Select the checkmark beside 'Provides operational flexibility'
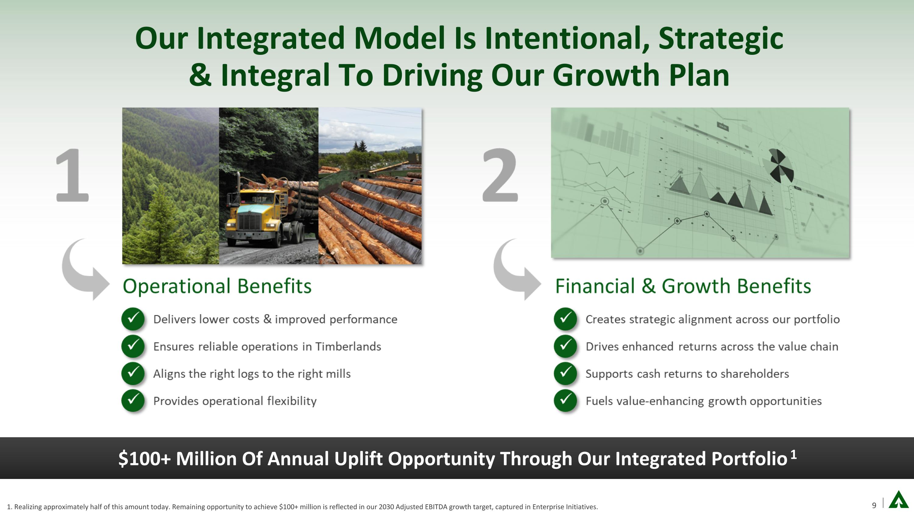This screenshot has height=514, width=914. [x=133, y=400]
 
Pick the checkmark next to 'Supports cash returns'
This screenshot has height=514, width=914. [x=565, y=373]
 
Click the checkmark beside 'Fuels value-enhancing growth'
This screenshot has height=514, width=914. [x=565, y=400]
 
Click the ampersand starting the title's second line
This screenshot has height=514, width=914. [x=200, y=75]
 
